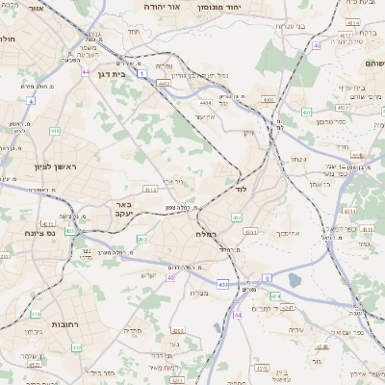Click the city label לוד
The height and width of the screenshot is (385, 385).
[242, 190]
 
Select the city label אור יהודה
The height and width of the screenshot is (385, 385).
[142, 7]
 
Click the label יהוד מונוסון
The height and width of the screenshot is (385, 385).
[234, 7]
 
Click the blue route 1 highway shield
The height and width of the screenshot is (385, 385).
[142, 74]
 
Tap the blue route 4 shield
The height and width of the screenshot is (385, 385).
[31, 100]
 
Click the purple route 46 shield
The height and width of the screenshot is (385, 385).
[317, 45]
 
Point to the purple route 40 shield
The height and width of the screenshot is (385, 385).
[170, 277]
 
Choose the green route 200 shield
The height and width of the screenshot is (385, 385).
[141, 239]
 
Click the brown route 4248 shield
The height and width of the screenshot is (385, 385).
[321, 347]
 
